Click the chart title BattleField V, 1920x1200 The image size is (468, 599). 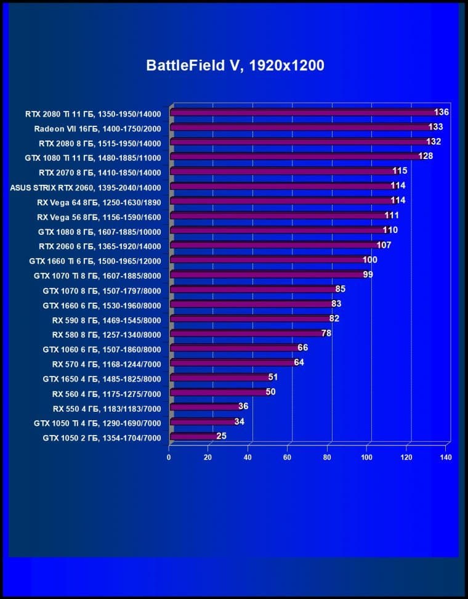(235, 66)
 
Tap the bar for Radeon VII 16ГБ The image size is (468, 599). (300, 128)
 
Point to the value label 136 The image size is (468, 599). (442, 112)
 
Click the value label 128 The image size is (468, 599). (426, 156)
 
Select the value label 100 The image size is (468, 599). (369, 259)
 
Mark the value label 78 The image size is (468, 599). (326, 333)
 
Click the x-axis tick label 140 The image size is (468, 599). (445, 457)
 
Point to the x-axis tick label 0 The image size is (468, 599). (169, 457)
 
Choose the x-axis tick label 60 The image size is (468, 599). (287, 457)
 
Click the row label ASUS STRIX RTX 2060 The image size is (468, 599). (86, 187)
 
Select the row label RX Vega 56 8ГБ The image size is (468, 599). (99, 216)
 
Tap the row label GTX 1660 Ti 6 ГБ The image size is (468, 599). (95, 261)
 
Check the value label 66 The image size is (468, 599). (302, 348)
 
